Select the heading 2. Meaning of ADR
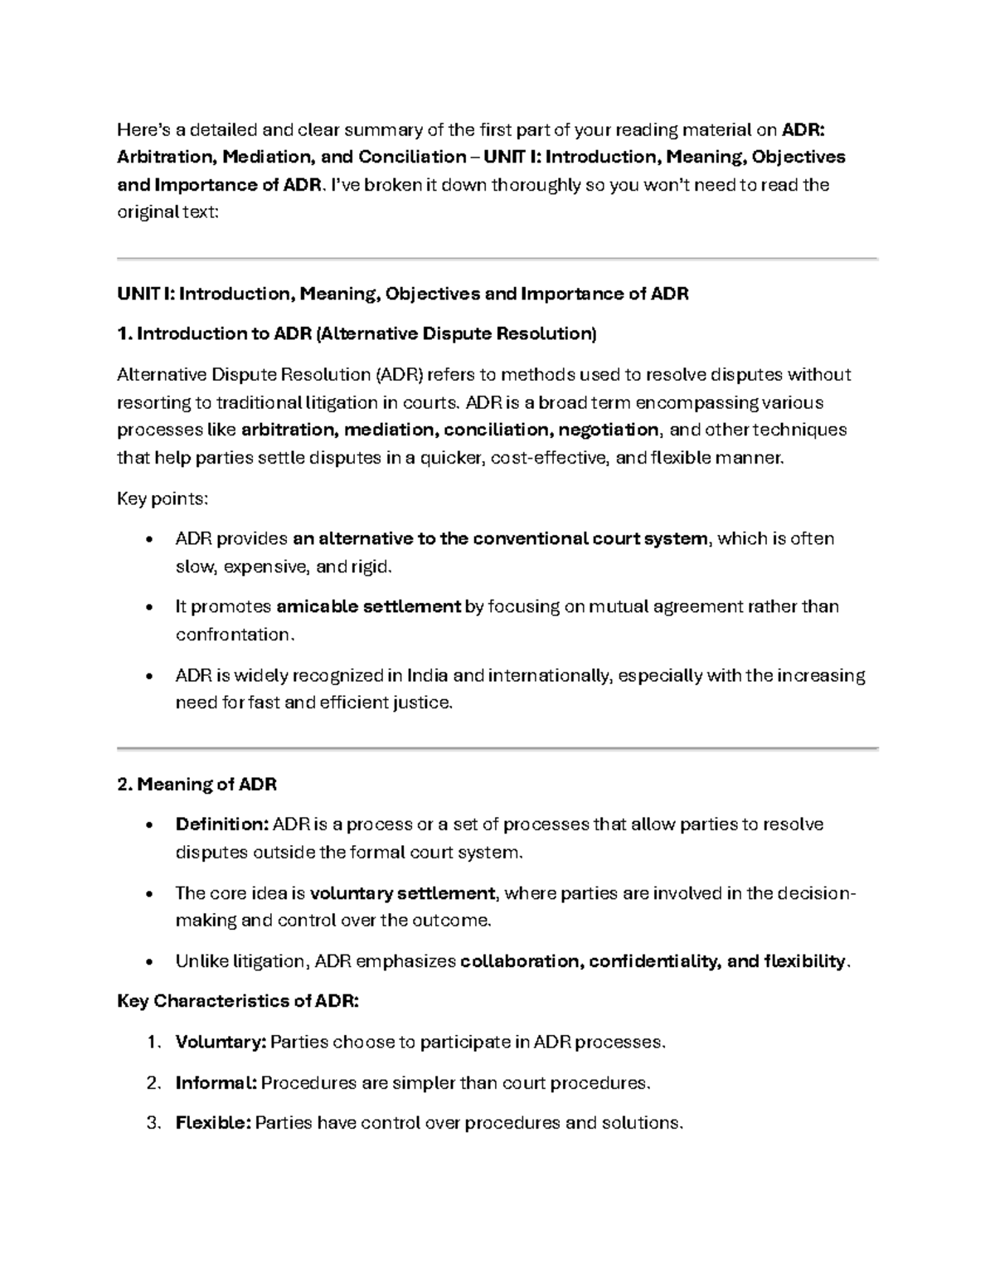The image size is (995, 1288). point(197,784)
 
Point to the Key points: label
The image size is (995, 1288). point(163,498)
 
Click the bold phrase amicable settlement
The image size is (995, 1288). point(368,606)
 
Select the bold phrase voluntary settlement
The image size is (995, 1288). point(402,893)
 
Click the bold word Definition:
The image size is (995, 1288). point(221,824)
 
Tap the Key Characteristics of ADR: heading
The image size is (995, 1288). point(238,1001)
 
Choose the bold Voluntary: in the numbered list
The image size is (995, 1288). point(221,1042)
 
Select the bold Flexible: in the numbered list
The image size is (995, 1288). point(213,1123)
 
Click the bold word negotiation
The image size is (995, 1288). point(609,430)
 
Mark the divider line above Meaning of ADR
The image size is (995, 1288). point(498,748)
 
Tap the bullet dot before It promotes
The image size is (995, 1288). point(149,608)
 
